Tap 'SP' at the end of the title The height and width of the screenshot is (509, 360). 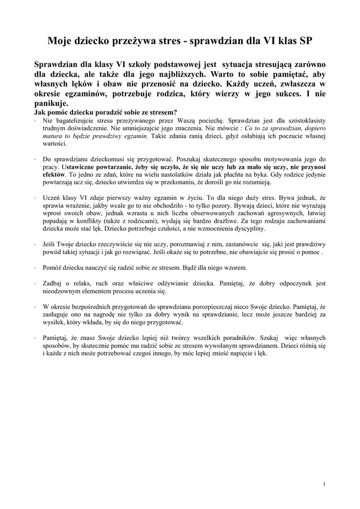(306, 41)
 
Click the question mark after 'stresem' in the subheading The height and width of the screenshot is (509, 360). (176, 112)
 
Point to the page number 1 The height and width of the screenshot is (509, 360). (324, 484)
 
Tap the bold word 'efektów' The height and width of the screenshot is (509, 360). (54, 175)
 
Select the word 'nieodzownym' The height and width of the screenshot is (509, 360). (61, 291)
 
